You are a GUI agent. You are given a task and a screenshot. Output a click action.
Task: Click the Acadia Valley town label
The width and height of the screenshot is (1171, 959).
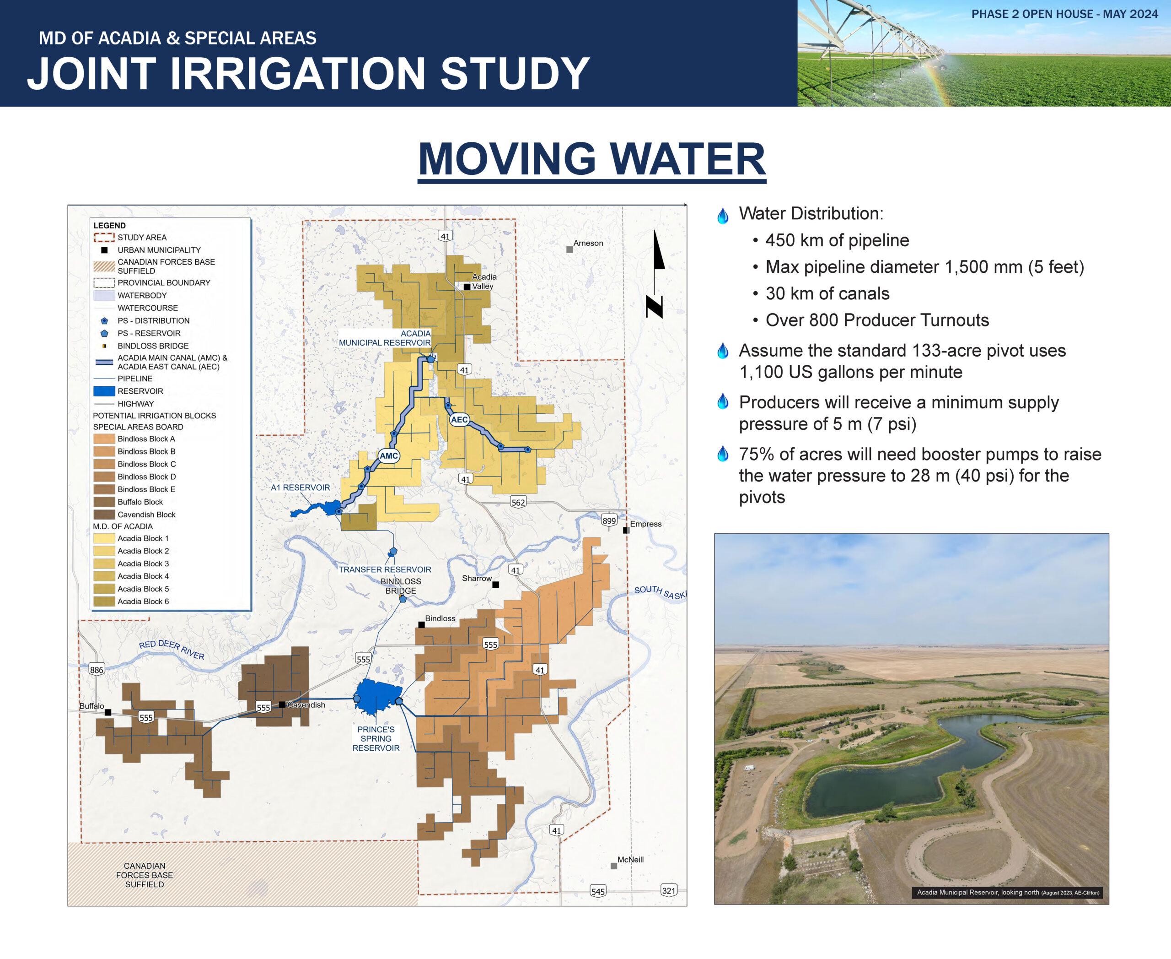(x=484, y=281)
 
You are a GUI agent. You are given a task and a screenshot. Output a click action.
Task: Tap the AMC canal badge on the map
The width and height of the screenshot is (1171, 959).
(x=389, y=456)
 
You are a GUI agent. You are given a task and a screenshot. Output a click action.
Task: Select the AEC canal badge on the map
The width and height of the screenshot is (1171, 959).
(x=459, y=420)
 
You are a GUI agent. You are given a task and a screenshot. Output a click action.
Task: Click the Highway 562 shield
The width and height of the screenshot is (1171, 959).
(x=518, y=502)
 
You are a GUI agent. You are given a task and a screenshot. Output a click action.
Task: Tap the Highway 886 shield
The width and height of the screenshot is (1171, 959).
(x=97, y=670)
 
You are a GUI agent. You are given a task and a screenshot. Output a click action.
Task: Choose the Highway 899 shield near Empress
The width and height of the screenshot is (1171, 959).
(x=609, y=520)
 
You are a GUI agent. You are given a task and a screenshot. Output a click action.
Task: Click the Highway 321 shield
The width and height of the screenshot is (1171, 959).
(x=669, y=890)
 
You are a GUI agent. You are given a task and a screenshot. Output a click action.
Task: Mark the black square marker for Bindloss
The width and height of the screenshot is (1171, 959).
(x=421, y=625)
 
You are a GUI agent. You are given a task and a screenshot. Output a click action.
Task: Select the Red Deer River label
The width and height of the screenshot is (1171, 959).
(x=172, y=650)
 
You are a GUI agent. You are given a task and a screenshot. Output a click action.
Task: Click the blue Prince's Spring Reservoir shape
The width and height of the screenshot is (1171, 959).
(x=377, y=698)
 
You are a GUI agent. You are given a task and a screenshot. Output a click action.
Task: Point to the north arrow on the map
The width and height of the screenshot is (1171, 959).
(x=656, y=274)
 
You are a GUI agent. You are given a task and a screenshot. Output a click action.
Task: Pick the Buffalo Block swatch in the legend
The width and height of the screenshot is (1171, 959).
(x=104, y=502)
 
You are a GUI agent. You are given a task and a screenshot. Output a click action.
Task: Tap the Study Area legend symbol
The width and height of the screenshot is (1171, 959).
(x=104, y=238)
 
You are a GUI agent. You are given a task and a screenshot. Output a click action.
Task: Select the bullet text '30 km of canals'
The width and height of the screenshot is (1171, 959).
(x=827, y=293)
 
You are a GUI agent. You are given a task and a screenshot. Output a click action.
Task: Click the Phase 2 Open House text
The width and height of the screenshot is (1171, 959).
(x=1065, y=14)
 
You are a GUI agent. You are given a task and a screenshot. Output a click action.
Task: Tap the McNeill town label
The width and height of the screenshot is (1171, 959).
(x=630, y=860)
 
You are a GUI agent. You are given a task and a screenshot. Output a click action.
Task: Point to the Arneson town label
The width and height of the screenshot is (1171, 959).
(x=588, y=243)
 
